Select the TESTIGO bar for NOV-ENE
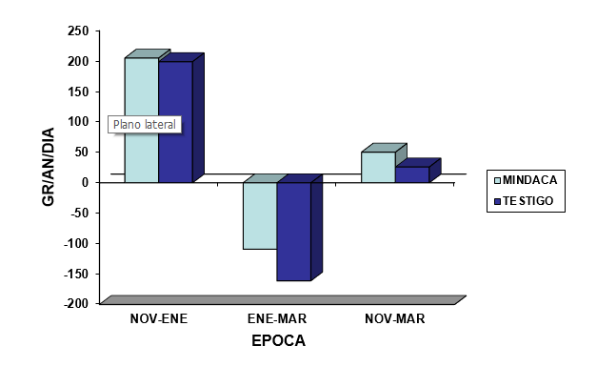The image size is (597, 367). (175, 122)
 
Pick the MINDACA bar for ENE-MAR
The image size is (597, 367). (260, 215)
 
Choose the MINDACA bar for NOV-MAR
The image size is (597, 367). (378, 167)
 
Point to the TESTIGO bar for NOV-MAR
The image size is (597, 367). (412, 174)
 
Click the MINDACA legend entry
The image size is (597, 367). (526, 180)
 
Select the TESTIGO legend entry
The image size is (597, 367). (524, 201)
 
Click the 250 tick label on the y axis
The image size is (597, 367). (78, 31)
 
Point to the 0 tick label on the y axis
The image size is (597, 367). (85, 182)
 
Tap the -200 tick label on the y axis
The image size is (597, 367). (76, 303)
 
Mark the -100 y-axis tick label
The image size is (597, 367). (76, 243)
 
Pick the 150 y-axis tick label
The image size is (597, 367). (78, 92)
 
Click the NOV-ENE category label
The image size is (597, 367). (159, 318)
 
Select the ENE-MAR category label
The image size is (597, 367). (277, 318)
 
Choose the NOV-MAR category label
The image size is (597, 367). (395, 318)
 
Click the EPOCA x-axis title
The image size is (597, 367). (279, 340)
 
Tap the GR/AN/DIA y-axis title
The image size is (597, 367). (49, 167)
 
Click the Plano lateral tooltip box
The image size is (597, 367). (145, 125)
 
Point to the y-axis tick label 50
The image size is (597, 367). (82, 153)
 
